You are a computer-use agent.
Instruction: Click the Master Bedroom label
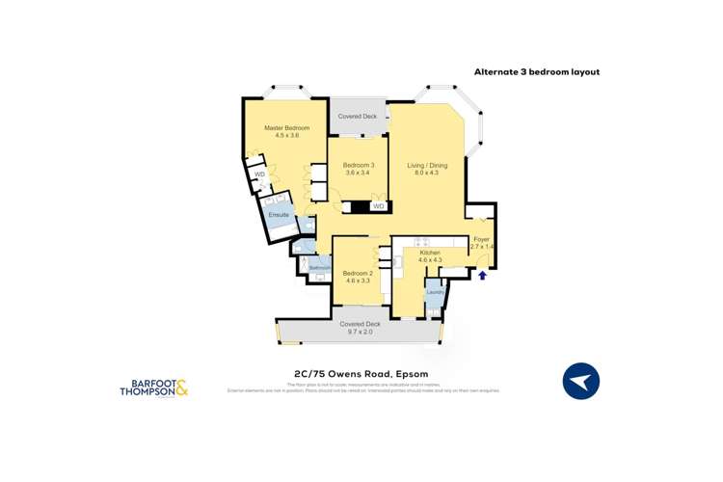click(287, 128)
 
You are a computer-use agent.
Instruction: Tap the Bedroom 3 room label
click(358, 165)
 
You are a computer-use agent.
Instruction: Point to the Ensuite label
click(279, 215)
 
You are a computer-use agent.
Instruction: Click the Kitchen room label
click(429, 253)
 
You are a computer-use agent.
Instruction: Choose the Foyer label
click(482, 239)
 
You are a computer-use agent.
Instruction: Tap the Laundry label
click(435, 291)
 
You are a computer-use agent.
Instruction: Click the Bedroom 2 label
click(357, 273)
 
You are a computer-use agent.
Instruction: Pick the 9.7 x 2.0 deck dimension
click(360, 332)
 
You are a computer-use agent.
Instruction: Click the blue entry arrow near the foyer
click(483, 276)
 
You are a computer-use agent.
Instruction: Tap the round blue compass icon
click(580, 381)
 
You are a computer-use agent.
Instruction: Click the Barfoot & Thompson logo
click(153, 388)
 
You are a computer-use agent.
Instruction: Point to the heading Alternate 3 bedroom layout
click(536, 72)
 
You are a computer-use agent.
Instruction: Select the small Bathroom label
click(319, 267)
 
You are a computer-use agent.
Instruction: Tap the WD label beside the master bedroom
click(259, 174)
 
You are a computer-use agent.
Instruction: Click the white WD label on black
click(378, 206)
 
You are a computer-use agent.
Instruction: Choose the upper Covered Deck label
click(357, 117)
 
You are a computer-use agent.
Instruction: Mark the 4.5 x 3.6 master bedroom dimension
click(287, 136)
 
